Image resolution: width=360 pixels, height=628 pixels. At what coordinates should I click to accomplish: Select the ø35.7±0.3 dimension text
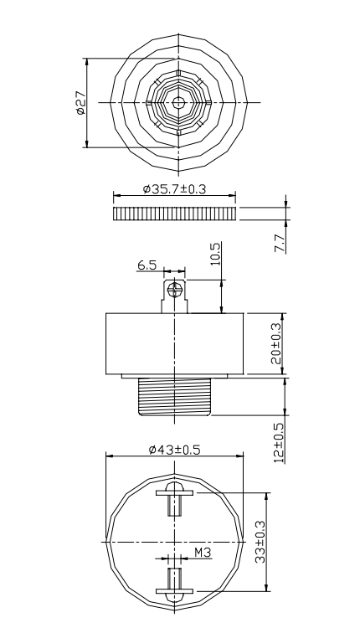[175, 190]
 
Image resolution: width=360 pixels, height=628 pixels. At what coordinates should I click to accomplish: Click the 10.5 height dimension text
[215, 255]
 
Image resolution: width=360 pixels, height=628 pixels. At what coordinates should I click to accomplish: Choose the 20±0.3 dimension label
[278, 343]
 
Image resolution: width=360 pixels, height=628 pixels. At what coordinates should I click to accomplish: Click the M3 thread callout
[202, 552]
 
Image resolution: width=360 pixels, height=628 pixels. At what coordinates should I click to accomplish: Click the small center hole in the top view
[178, 102]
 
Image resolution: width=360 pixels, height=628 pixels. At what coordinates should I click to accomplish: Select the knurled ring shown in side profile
[174, 214]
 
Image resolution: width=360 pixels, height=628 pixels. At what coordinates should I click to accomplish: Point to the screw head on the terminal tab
[175, 289]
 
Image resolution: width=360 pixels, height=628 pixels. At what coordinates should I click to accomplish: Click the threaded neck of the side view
[175, 395]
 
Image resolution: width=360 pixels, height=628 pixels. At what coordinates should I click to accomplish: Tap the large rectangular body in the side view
[175, 342]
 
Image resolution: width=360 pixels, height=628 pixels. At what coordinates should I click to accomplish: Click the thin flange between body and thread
[175, 374]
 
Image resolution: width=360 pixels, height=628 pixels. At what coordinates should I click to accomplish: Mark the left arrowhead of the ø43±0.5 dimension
[109, 456]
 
